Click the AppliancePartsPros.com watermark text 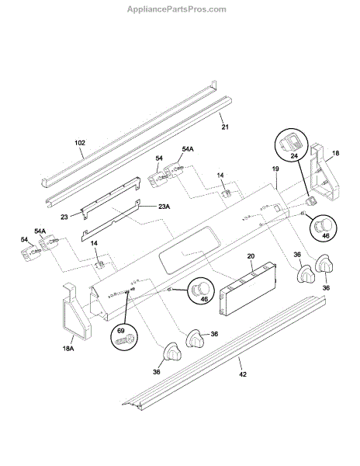click(177, 9)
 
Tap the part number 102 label click(80, 143)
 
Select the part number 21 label click(225, 127)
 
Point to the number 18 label click(335, 153)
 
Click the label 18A click(68, 348)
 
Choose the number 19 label click(275, 169)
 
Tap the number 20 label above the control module click(251, 256)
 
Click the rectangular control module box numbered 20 click(248, 287)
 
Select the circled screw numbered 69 click(125, 336)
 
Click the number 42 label click(243, 374)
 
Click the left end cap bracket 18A click(77, 311)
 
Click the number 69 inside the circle click(121, 331)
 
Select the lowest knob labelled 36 click(171, 353)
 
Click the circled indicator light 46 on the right click(324, 228)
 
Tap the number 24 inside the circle click(294, 155)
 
